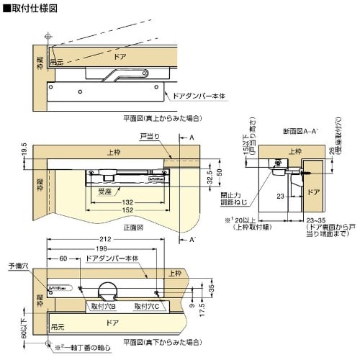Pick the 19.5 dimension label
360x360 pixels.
(24, 150)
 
